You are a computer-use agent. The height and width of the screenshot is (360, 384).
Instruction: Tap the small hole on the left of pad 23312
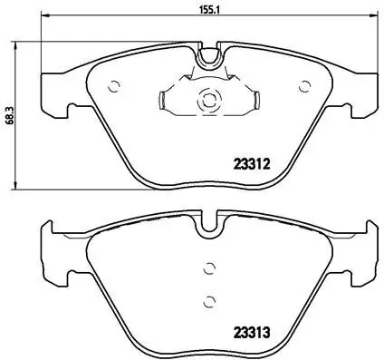pyautogui.click(x=114, y=88)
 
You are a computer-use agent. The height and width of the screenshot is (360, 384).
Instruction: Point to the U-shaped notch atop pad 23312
pyautogui.click(x=210, y=57)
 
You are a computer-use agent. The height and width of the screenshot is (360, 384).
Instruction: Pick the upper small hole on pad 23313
pyautogui.click(x=209, y=268)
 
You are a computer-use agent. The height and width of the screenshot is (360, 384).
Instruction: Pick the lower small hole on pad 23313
pyautogui.click(x=209, y=302)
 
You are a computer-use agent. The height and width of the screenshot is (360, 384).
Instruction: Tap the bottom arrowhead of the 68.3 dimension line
pyautogui.click(x=21, y=187)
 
